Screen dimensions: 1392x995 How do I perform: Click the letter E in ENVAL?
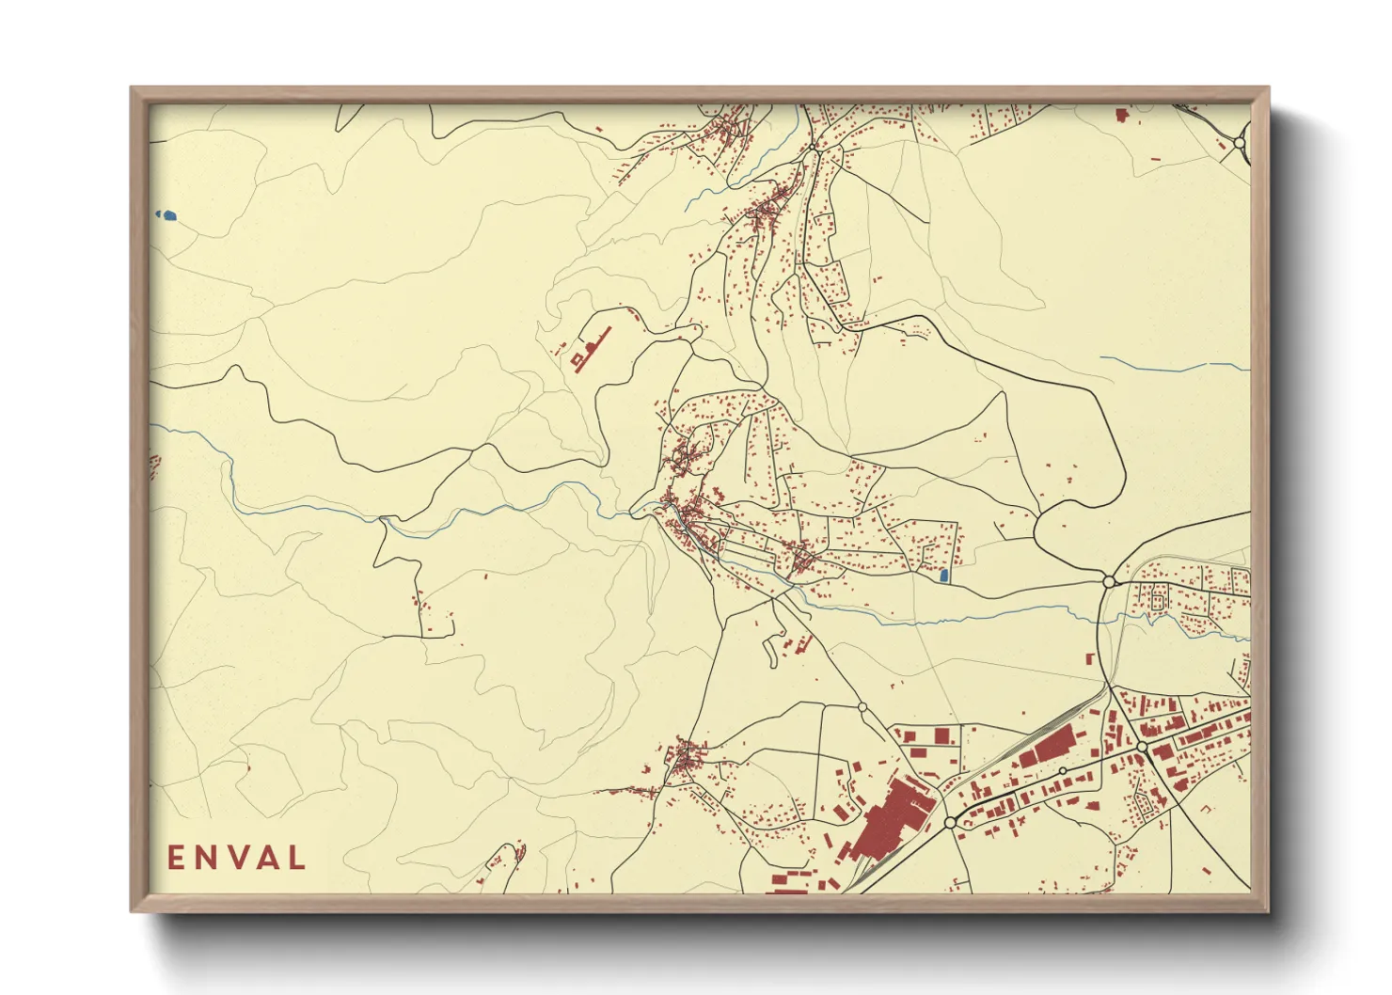click(176, 858)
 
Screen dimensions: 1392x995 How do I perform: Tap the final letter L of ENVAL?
click(297, 858)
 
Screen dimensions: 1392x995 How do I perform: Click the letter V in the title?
click(235, 858)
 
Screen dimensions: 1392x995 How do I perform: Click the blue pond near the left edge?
click(167, 215)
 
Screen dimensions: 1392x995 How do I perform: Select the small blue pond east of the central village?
click(943, 574)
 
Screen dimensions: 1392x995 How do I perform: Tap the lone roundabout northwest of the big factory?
click(862, 706)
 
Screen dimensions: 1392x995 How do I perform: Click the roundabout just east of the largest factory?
click(950, 822)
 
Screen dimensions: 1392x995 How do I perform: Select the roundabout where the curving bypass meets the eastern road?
click(1109, 581)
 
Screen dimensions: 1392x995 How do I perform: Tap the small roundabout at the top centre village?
click(813, 148)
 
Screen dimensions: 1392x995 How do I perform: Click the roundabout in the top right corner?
click(1240, 144)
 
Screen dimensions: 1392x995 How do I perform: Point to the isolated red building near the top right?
click(1120, 115)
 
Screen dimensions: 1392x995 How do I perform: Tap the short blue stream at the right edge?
click(1176, 365)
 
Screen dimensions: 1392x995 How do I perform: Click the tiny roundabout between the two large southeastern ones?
click(1062, 770)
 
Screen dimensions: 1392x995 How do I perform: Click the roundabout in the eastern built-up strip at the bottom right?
click(1142, 746)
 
